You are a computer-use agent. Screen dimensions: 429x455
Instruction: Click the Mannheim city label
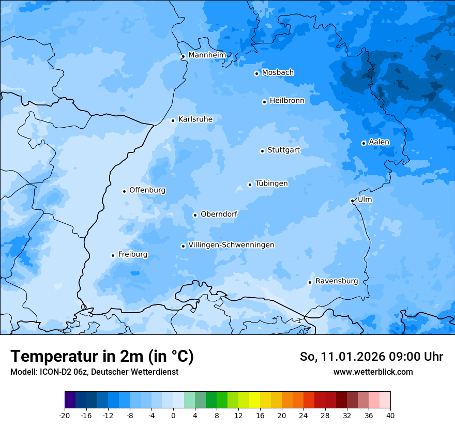point(207,55)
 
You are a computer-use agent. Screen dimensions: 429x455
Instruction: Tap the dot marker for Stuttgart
point(262,151)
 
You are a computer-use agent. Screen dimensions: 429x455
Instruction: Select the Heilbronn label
point(287,101)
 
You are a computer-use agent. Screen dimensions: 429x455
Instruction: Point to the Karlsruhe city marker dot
point(173,120)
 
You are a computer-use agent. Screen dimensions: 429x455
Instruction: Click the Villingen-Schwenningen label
point(231,245)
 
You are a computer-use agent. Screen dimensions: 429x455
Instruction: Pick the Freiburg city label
point(132,254)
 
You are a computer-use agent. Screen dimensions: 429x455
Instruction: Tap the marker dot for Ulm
point(352,201)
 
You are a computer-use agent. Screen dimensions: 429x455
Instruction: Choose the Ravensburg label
point(337,281)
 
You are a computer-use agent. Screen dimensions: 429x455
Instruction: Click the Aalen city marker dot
point(363,143)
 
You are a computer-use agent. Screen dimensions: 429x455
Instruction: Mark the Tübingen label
point(271,183)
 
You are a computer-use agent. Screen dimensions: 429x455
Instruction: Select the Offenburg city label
point(147,190)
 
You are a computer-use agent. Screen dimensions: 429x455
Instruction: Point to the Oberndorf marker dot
point(195,215)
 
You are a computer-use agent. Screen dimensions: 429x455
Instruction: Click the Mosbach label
point(278,73)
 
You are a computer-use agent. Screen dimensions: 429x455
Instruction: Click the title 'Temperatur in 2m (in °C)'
point(102,357)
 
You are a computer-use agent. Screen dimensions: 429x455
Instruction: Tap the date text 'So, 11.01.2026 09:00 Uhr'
point(371,357)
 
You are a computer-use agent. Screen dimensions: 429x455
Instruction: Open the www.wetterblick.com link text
point(373,372)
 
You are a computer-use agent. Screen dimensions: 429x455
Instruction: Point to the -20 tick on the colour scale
point(65,415)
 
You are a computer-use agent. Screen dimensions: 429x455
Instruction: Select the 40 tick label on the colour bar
point(390,415)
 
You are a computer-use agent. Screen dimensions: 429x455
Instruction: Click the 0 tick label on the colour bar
point(173,415)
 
